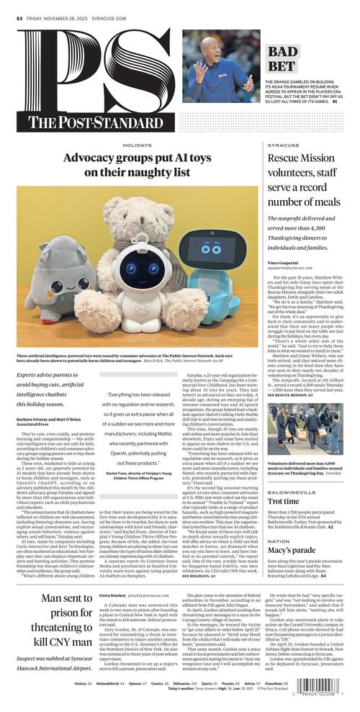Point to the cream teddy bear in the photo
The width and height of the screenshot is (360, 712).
[x=137, y=223]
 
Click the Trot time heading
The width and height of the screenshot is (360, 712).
[x=284, y=501]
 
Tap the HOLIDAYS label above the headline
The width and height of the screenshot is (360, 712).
[x=127, y=145]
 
